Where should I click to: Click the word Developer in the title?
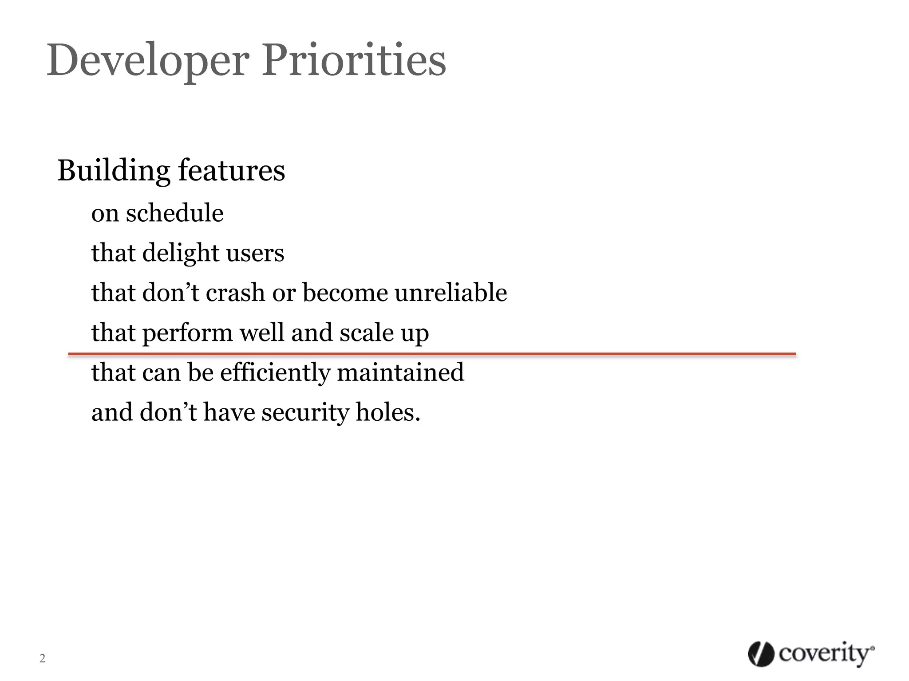146,61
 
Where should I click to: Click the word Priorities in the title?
354,61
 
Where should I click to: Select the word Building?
114,171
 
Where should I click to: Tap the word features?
231,171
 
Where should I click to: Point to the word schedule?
174,213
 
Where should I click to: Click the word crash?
235,293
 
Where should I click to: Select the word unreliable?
451,293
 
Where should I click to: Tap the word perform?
187,333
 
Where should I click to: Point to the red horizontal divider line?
431,354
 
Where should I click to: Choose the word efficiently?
275,372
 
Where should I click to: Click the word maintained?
400,372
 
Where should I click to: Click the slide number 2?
42,658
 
